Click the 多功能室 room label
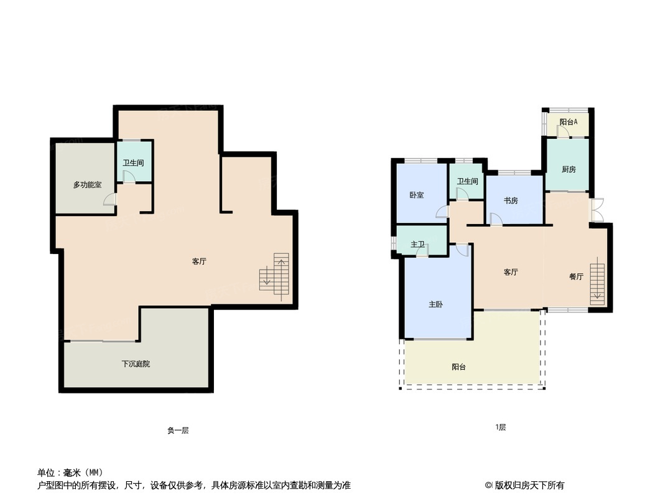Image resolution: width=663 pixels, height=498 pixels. pos(87,185)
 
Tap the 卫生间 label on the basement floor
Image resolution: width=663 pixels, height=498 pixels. pos(133,163)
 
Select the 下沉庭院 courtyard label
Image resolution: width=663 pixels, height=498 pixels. pos(136,364)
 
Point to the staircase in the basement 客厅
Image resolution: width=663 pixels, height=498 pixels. pos(275,277)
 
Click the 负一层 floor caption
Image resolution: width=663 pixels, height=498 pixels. pos(178,430)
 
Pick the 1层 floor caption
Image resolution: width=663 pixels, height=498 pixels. pos(501,428)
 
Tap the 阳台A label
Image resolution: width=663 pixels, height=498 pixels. pos(568,122)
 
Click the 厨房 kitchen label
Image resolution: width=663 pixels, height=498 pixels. pos(568,169)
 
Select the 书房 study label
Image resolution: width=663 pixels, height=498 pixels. pos(511,200)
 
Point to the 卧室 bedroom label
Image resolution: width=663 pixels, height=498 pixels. pos(417,195)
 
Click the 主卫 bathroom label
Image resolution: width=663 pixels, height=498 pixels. pos(418,244)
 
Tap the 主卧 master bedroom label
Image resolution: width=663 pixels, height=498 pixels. pos(435,304)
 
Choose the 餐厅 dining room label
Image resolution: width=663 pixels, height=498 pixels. pos(576,276)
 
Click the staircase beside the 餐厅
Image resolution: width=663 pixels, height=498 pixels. pos(597,281)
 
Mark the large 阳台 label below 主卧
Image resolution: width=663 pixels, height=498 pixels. pos(459,367)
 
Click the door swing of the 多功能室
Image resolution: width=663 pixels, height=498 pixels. pos(110,199)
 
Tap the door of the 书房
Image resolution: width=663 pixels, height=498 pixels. pos(496,219)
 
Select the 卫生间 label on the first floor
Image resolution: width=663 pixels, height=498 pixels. pos(467,182)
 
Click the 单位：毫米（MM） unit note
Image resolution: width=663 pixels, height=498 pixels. pos(70,472)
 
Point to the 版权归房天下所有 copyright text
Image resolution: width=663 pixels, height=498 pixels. pos(525,485)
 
